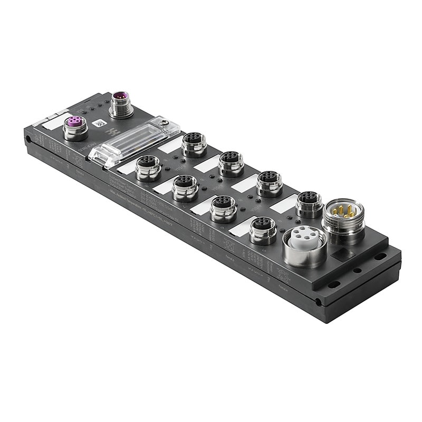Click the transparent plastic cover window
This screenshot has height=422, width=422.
(134, 141)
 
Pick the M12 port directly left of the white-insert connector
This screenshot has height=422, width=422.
(262, 228)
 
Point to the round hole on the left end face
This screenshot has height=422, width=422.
(28, 140)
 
